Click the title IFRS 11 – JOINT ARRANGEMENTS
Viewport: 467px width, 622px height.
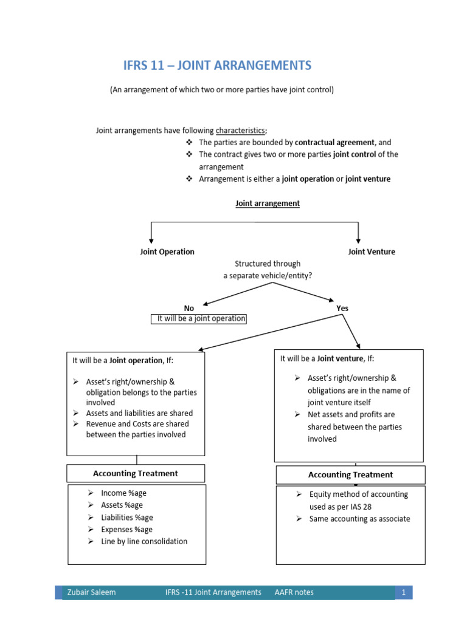[x=217, y=66]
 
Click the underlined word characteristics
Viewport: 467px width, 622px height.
[x=241, y=130]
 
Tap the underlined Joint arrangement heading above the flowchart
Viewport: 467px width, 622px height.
[x=268, y=203]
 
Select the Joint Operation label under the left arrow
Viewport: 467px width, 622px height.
[x=167, y=251]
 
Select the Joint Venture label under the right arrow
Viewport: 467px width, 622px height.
[x=372, y=251]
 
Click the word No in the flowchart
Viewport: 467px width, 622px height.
[x=189, y=308]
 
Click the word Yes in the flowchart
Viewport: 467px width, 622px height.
[x=342, y=308]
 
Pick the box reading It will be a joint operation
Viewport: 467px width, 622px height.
[x=199, y=319]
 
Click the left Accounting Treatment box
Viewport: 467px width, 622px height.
[x=136, y=473]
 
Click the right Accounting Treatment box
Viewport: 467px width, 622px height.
[x=350, y=475]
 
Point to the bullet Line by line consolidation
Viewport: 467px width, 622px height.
[x=144, y=541]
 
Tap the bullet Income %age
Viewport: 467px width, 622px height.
[x=123, y=493]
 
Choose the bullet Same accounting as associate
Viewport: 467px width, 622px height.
[x=359, y=519]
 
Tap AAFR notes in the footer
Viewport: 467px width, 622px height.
[x=294, y=592]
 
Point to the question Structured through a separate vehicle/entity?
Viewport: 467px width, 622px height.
[x=268, y=270]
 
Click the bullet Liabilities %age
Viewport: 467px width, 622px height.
[x=127, y=518]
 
